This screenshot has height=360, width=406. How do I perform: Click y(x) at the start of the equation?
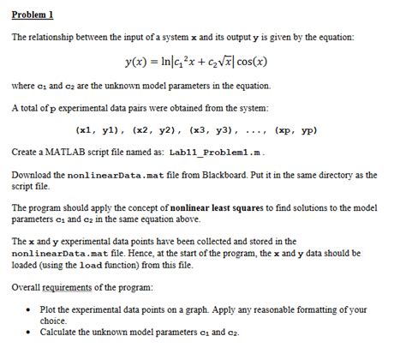click(139, 63)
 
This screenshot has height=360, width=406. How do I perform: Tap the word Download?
click(33, 175)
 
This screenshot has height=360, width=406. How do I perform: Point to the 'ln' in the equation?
click(171, 63)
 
